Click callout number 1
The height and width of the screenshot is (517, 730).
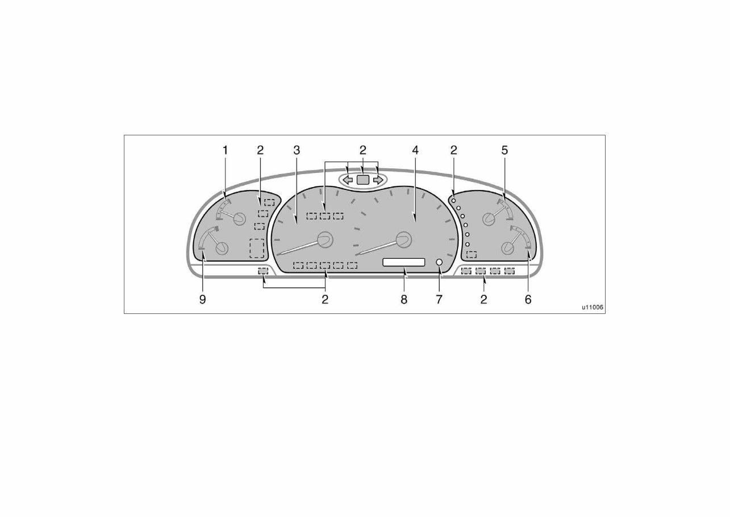[225, 150]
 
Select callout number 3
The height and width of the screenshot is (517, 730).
[297, 150]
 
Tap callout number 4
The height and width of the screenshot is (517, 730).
[415, 150]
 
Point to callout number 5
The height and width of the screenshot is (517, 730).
[504, 150]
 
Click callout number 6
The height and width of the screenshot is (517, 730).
[528, 299]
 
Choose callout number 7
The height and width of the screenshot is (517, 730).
[439, 299]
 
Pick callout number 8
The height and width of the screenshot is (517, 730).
[404, 299]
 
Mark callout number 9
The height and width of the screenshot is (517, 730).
[203, 299]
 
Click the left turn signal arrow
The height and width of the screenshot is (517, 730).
[348, 180]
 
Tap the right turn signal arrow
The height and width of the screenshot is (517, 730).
[378, 180]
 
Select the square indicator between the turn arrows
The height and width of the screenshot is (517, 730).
[363, 180]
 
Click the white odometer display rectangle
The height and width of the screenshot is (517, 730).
[404, 262]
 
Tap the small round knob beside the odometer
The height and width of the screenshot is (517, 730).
[439, 262]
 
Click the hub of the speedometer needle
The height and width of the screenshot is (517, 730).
[326, 239]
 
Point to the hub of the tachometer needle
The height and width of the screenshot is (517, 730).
[404, 239]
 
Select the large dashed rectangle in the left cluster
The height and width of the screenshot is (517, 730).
[257, 249]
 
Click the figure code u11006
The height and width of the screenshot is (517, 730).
[592, 308]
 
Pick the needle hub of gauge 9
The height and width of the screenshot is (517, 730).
[222, 249]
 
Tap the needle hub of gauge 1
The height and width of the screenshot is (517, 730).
[238, 218]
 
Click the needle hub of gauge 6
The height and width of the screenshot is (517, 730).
[507, 248]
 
